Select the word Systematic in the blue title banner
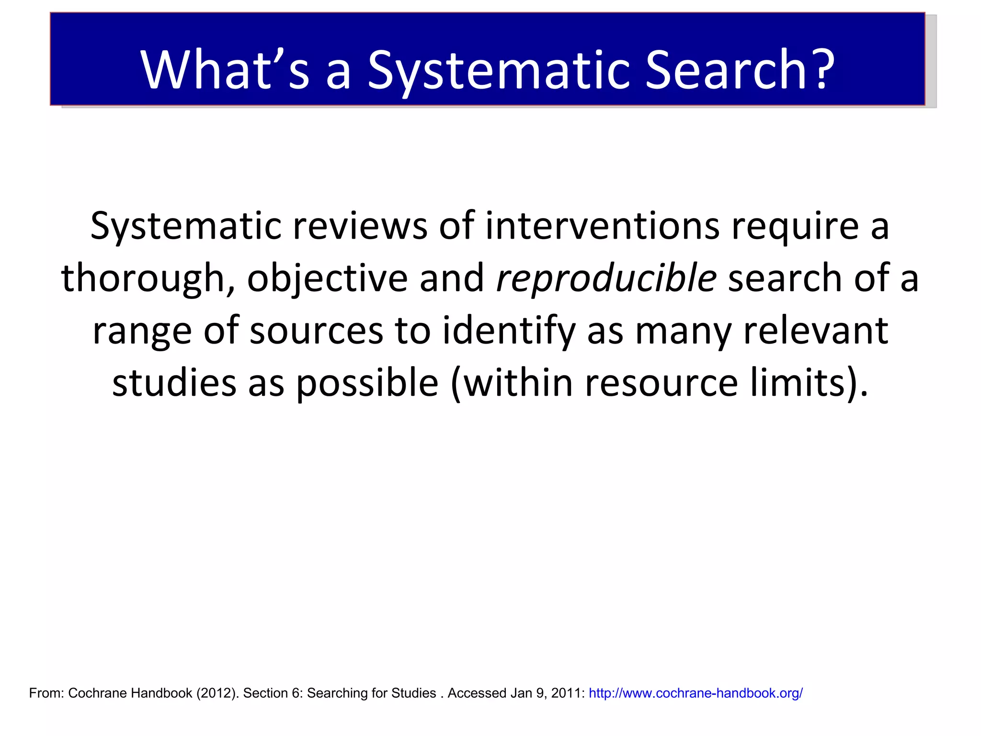point(498,71)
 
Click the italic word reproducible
point(606,278)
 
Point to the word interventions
point(602,226)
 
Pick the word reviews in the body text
point(360,226)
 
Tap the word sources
point(316,331)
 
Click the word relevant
point(815,331)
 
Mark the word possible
point(367,384)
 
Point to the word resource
point(662,384)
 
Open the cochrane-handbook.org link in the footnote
point(696,693)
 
